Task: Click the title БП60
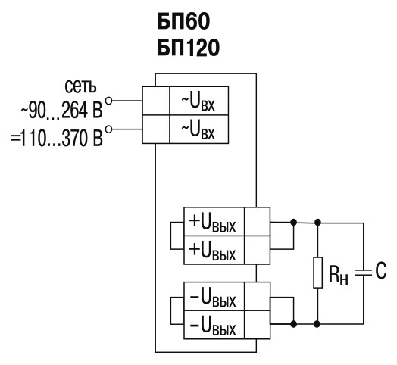183,21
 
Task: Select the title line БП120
189,48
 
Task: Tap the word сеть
80,86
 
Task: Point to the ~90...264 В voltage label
62,111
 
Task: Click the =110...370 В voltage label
57,139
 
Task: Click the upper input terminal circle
108,101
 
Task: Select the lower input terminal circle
108,129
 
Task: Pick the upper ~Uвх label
198,103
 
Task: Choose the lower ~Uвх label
198,131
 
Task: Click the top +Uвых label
212,223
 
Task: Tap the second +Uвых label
212,252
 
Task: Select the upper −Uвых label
213,298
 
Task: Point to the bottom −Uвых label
213,327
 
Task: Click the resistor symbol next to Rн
318,273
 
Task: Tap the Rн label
339,276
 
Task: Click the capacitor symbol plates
364,273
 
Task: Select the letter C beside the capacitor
381,270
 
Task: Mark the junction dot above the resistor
317,223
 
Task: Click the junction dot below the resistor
317,324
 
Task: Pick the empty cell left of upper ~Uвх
156,101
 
